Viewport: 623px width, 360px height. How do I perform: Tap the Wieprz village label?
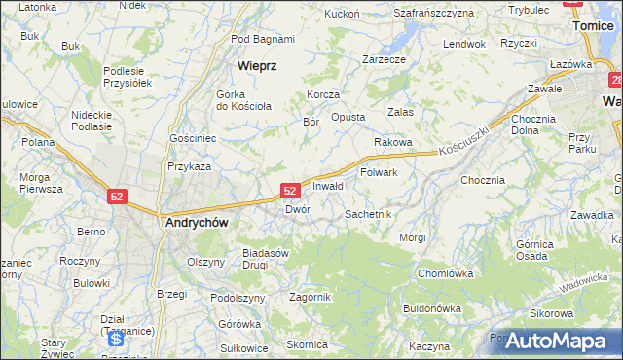258,66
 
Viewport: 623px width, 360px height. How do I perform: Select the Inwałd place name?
328,186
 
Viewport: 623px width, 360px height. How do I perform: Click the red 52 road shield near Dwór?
289,191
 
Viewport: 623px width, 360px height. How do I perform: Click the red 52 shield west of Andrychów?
117,196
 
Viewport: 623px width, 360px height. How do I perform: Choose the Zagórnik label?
311,297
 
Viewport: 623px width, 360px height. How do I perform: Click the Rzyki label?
519,43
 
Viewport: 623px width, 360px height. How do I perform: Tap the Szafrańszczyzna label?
433,13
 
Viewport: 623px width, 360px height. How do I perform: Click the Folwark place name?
380,173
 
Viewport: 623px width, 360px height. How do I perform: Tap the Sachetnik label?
368,213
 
